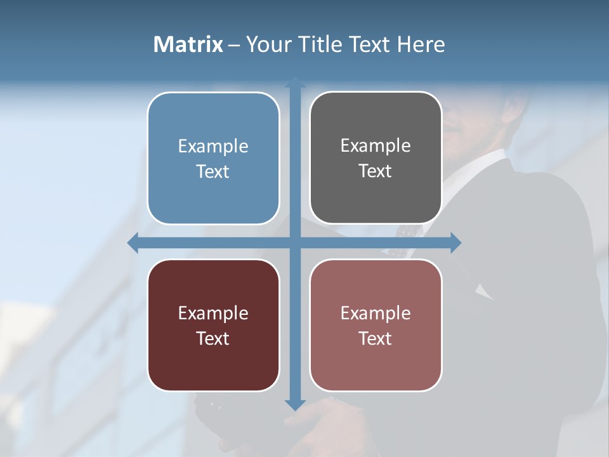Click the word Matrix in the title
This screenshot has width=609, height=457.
188,44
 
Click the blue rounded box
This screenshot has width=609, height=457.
213,158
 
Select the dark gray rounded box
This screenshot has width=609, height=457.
376,158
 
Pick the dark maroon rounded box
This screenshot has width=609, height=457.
213,325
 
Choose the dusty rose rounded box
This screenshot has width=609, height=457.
376,325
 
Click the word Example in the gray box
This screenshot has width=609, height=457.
376,145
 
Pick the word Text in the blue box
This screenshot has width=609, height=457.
213,171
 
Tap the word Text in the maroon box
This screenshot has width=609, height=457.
213,338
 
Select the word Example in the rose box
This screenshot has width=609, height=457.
376,313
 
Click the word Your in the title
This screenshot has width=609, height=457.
266,44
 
